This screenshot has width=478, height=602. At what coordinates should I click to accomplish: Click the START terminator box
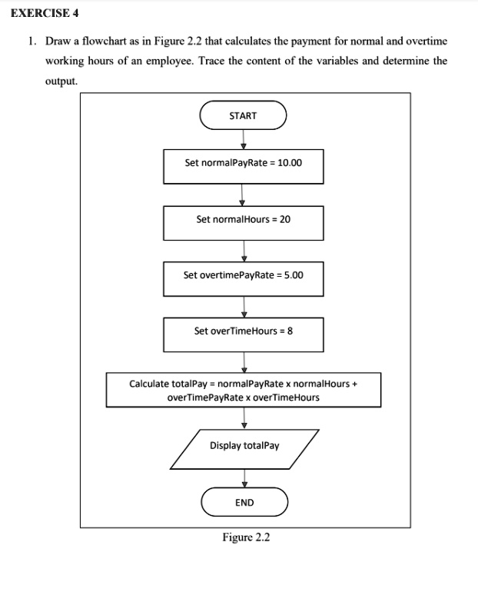click(x=243, y=115)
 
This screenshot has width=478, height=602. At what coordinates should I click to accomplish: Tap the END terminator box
click(x=244, y=502)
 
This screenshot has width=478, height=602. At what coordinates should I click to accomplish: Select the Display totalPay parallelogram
click(x=244, y=449)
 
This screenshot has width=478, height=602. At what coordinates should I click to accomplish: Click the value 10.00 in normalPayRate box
click(x=290, y=163)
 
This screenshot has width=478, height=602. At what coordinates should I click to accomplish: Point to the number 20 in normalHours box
click(x=285, y=219)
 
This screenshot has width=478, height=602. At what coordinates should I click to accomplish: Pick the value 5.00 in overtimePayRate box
click(x=294, y=275)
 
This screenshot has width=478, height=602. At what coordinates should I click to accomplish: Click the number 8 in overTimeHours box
click(x=290, y=331)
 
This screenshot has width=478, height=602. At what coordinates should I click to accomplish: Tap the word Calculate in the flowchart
click(x=149, y=384)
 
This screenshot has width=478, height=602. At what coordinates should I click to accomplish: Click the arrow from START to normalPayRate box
click(x=243, y=139)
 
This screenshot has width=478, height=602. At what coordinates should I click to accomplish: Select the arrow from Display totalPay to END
click(x=244, y=478)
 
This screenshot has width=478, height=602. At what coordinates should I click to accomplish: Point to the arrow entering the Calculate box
click(x=244, y=362)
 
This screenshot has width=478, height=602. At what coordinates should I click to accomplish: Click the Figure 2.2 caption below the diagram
click(x=246, y=537)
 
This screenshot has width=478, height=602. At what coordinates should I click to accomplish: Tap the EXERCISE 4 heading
click(x=45, y=13)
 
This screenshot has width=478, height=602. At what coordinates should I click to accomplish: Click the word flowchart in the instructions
click(x=105, y=41)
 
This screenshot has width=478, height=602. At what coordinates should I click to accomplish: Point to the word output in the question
click(x=61, y=81)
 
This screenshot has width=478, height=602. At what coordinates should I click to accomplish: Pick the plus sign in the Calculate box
click(x=354, y=384)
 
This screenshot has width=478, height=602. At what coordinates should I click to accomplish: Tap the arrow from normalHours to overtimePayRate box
click(x=244, y=251)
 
